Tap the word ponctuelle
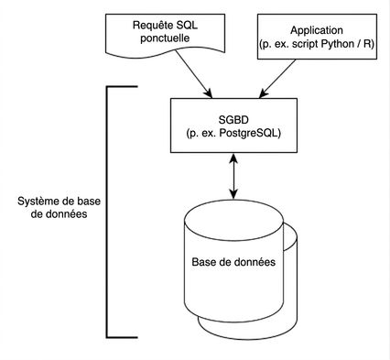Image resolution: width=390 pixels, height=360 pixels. click(165, 38)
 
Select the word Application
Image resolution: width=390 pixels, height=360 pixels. click(317, 30)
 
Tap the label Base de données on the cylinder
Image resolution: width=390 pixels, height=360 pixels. click(233, 262)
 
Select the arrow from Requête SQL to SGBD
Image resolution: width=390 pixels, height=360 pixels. click(193, 73)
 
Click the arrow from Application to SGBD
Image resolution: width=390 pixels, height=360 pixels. click(277, 79)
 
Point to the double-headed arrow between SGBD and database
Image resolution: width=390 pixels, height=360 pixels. click(233, 176)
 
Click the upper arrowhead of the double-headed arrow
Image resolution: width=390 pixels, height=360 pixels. click(233, 158)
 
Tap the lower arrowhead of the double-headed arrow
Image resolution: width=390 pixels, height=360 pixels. click(233, 194)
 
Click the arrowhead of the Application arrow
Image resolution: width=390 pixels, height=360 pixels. click(263, 94)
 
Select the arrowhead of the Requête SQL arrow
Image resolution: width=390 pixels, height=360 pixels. click(209, 93)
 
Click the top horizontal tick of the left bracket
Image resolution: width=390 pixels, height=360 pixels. click(123, 87)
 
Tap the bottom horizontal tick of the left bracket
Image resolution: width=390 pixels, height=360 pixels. click(123, 337)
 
